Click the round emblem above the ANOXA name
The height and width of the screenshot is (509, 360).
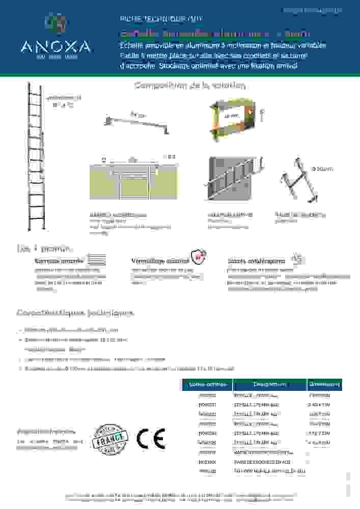coord(56,23)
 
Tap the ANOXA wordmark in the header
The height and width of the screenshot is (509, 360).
coord(56,47)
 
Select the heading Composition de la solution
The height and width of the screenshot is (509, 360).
coord(190,86)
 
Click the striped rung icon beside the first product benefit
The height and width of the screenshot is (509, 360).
coord(97,260)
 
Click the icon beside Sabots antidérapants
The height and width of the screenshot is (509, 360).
coord(298,259)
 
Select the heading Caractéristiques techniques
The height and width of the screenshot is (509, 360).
coord(75,313)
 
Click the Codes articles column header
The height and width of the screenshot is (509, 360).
coord(207,384)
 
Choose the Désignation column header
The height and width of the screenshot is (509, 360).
coord(269,384)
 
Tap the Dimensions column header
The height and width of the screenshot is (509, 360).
coord(324,384)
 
